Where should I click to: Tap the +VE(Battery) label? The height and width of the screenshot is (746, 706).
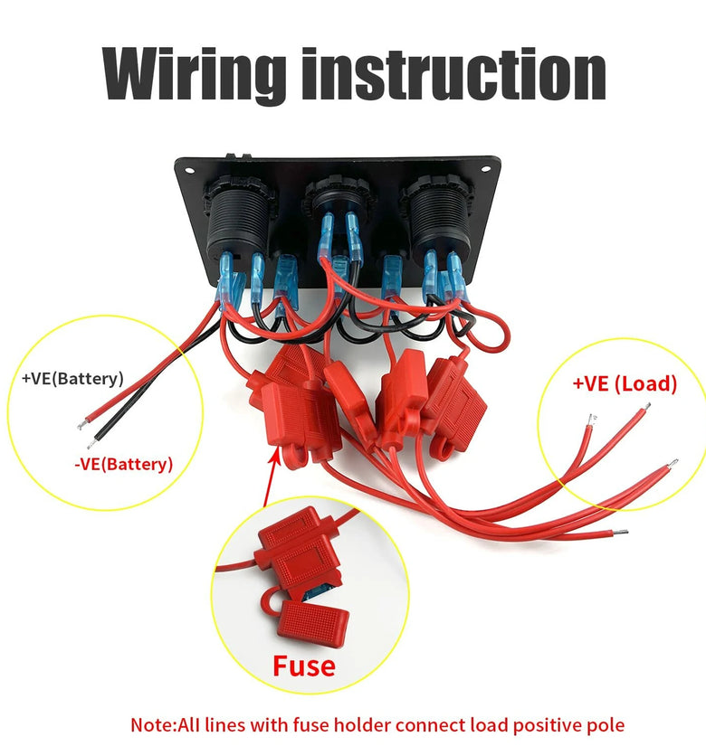72,378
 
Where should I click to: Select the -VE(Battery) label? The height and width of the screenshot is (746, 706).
123,465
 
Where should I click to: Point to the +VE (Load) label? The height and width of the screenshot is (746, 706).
625,383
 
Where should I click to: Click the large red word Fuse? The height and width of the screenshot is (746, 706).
304,667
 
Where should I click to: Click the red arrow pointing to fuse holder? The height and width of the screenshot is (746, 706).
270,479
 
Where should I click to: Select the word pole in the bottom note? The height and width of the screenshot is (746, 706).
604,724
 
